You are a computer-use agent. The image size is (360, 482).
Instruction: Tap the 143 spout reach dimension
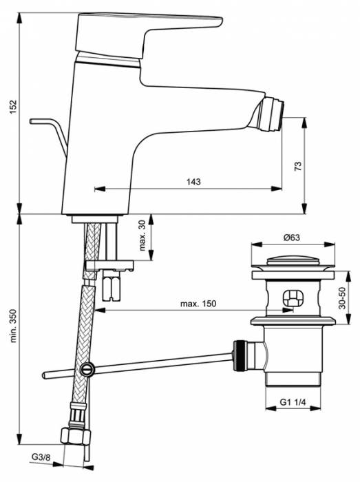click(193, 182)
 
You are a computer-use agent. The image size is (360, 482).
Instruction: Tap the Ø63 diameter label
click(293, 238)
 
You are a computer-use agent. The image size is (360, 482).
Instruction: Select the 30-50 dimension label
click(349, 297)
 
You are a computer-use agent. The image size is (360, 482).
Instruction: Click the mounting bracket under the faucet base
click(110, 265)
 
